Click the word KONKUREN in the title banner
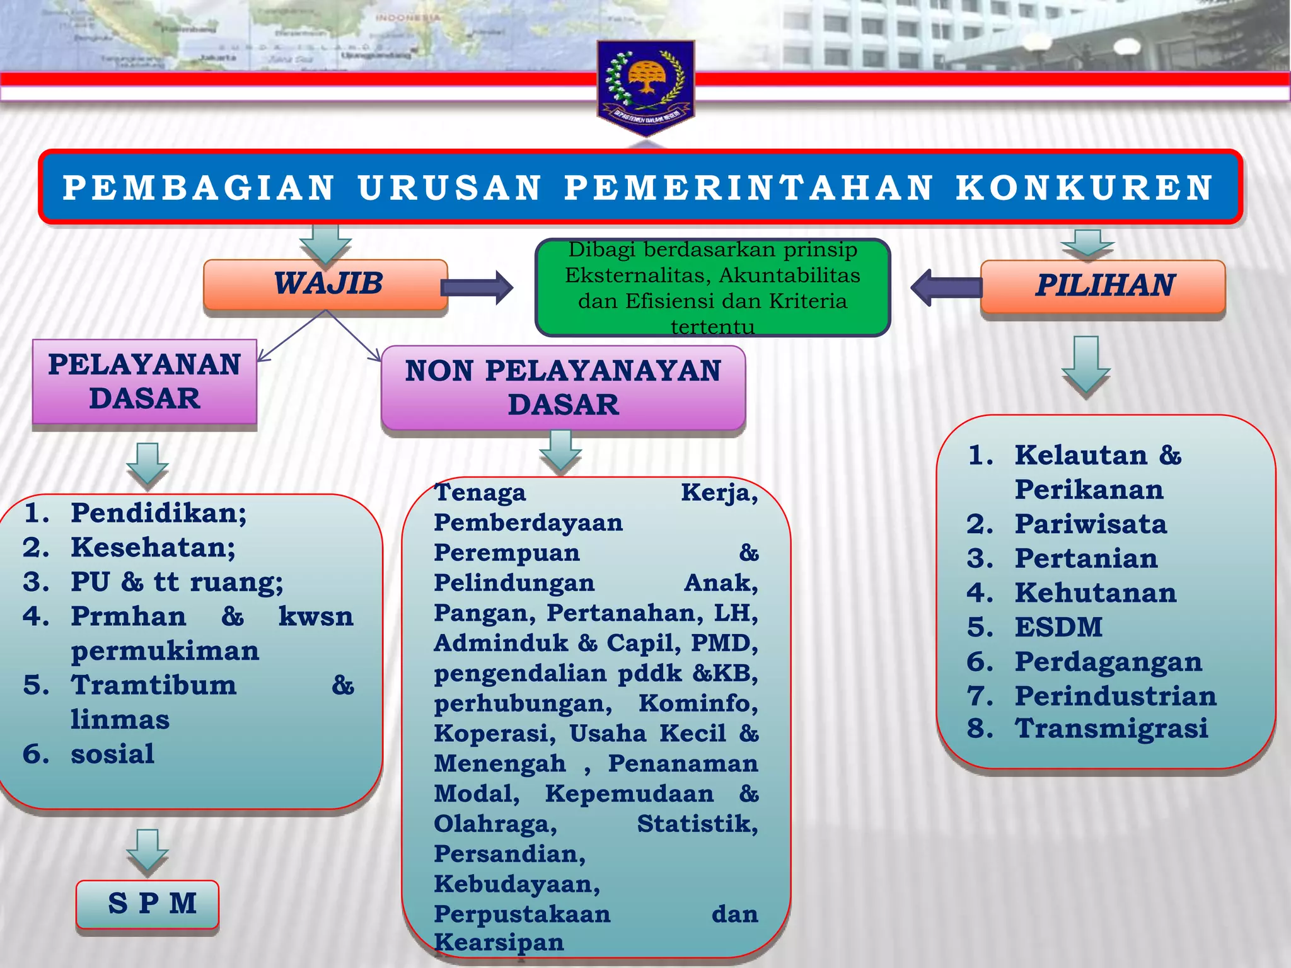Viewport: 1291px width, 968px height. point(1084,188)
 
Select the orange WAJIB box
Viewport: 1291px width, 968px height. point(326,284)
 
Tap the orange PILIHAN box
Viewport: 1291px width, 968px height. point(1103,286)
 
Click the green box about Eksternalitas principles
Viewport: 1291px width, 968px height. point(712,288)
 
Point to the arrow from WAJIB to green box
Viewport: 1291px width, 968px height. point(477,288)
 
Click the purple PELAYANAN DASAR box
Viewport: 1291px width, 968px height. point(144,382)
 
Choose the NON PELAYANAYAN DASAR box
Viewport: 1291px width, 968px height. point(563,388)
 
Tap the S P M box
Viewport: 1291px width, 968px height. point(148,904)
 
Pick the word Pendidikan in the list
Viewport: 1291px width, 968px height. point(158,513)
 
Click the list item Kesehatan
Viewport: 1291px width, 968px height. point(153,548)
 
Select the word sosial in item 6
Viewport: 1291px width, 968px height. point(112,754)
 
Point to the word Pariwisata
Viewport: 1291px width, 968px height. point(1091,524)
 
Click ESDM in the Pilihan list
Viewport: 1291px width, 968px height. point(1058,628)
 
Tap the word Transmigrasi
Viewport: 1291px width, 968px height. point(1111,729)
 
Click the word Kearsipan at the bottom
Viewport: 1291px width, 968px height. point(499,942)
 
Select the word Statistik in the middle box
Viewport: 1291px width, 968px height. point(697,824)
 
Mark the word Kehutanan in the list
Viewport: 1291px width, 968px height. point(1096,593)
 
